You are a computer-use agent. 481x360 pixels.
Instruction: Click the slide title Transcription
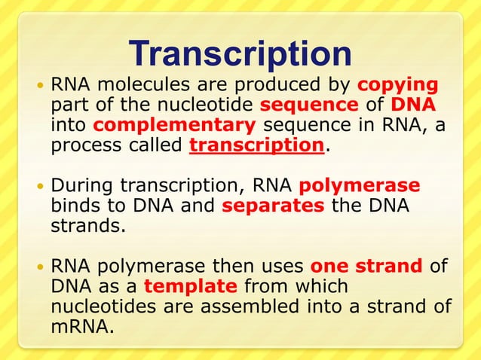click(x=240, y=53)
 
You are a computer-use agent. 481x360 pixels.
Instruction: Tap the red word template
click(x=191, y=288)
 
